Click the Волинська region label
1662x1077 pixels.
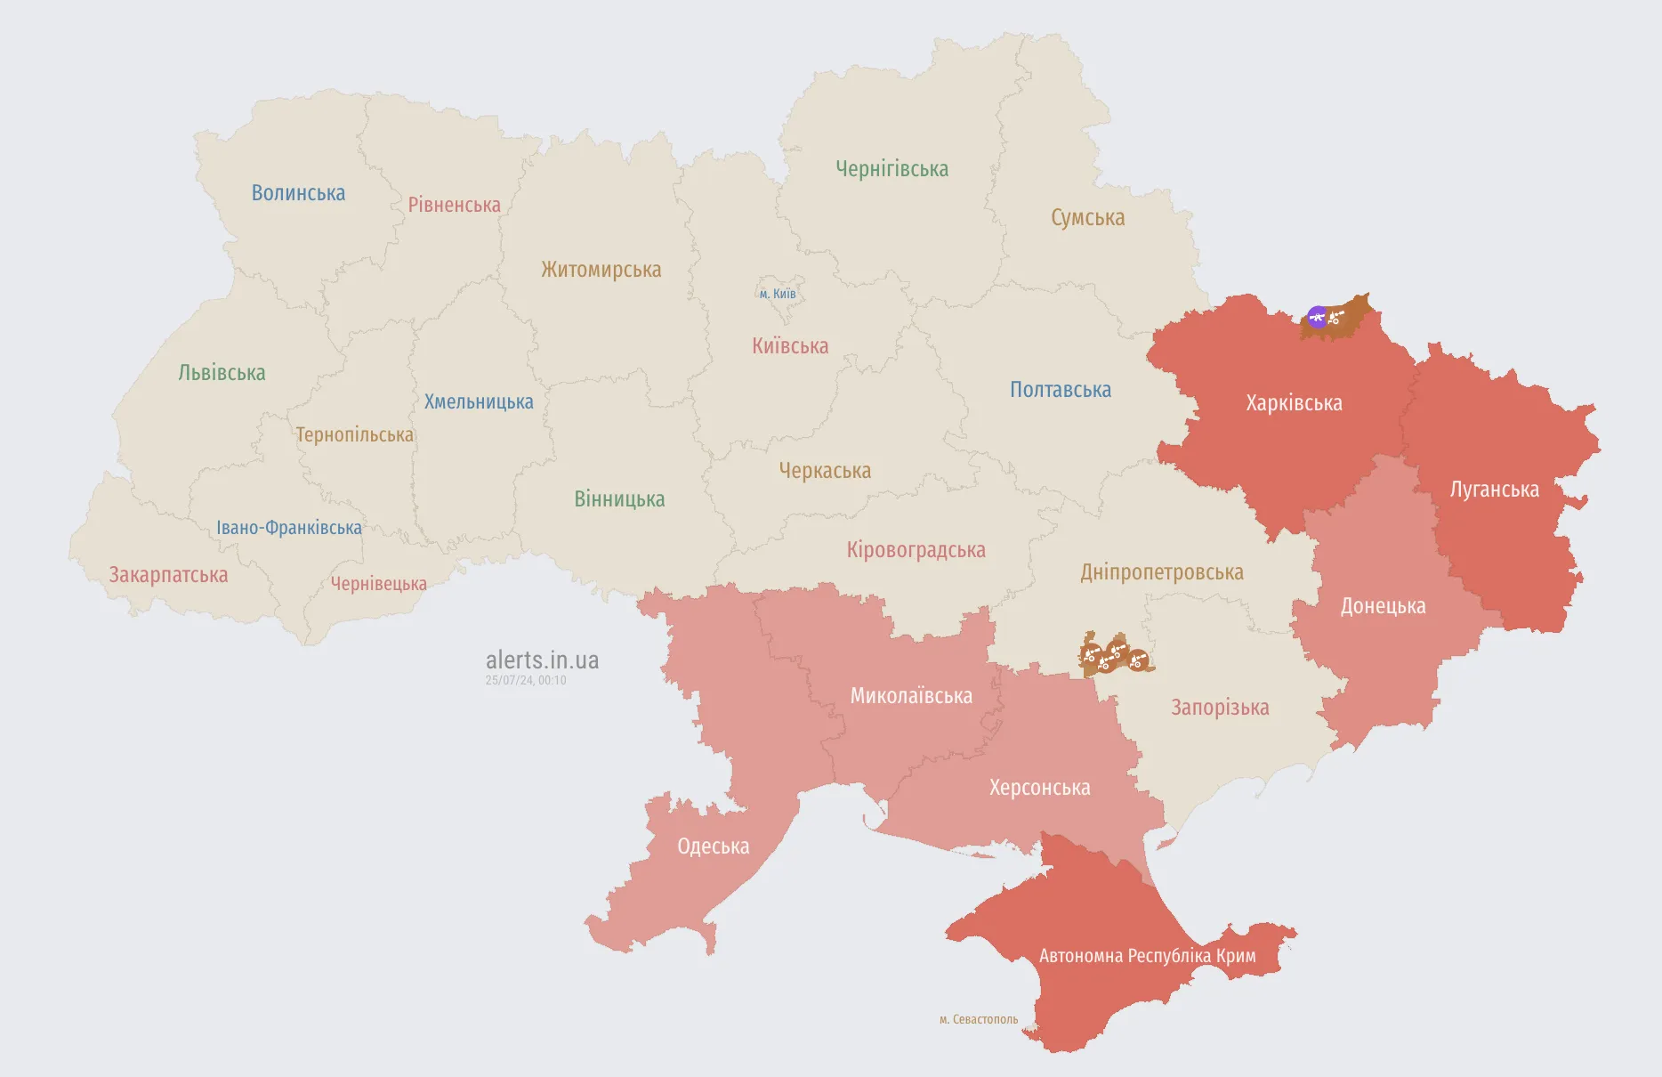point(298,193)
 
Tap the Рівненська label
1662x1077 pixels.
point(454,205)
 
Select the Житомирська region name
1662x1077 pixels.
point(601,270)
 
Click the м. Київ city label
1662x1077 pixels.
point(778,294)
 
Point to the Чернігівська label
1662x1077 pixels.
point(892,169)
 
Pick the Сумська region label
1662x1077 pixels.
point(1087,218)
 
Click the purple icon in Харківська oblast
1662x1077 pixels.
point(1317,316)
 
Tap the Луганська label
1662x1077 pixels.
point(1494,490)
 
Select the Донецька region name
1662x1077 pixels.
point(1383,606)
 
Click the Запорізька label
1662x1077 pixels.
point(1220,708)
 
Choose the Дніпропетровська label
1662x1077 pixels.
point(1161,572)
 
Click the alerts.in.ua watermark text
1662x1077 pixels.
point(542,660)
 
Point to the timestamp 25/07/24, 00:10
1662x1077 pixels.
point(526,680)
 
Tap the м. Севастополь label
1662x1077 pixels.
point(978,1019)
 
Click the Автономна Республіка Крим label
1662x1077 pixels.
point(1147,956)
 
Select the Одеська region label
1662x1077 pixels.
point(713,846)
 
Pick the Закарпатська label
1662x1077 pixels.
point(168,575)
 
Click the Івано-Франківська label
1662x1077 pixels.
point(289,528)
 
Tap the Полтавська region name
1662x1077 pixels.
point(1060,390)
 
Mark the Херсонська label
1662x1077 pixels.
point(1039,788)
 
